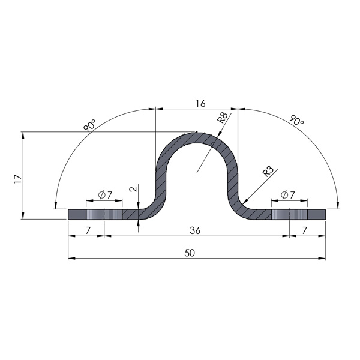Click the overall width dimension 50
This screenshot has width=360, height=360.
(190, 253)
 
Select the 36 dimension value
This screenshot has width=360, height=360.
(196, 230)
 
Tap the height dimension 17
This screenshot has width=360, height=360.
(17, 178)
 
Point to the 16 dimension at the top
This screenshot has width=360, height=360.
(200, 103)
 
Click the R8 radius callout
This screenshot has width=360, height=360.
(222, 118)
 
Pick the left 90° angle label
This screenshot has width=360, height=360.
(90, 126)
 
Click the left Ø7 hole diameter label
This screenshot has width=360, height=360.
(104, 194)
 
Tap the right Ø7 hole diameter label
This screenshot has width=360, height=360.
(288, 194)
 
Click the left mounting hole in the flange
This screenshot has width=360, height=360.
(104, 214)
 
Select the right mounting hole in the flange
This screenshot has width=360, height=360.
(289, 214)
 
